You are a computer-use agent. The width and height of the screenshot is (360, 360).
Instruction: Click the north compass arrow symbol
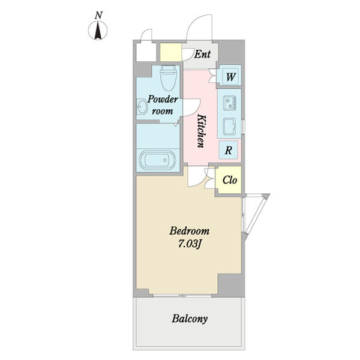pyautogui.click(x=98, y=31)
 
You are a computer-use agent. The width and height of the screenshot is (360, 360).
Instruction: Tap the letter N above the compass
pyautogui.click(x=98, y=16)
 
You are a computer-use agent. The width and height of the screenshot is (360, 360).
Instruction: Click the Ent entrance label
pyautogui.click(x=202, y=54)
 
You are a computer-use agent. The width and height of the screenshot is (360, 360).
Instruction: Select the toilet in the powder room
pyautogui.click(x=169, y=78)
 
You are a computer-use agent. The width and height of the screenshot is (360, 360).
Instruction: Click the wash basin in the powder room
pyautogui.click(x=142, y=106)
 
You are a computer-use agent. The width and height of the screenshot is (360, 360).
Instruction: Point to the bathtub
pyautogui.click(x=158, y=160)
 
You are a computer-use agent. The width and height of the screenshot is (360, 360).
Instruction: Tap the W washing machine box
pyautogui.click(x=230, y=77)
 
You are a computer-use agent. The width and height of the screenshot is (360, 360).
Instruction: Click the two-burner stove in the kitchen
pyautogui.click(x=230, y=103)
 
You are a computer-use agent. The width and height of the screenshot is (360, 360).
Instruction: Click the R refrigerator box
pyautogui.click(x=228, y=151)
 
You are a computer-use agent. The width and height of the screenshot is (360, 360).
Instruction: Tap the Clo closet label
pyautogui.click(x=230, y=180)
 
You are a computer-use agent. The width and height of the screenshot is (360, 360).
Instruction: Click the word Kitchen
pyautogui.click(x=202, y=131)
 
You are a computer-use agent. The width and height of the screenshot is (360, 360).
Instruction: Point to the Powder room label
pyautogui.click(x=163, y=105)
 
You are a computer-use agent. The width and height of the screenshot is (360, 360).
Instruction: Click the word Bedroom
pyautogui.click(x=190, y=231)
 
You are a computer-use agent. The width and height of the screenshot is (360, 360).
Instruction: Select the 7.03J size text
pyautogui.click(x=190, y=244)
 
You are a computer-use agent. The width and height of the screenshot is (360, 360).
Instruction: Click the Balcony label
pyautogui.click(x=190, y=319)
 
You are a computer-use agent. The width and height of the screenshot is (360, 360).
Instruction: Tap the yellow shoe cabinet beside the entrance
pyautogui.click(x=171, y=52)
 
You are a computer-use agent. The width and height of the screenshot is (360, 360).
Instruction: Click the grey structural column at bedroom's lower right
pyautogui.click(x=231, y=285)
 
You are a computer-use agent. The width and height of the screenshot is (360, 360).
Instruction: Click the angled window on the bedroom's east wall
pyautogui.click(x=256, y=217)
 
